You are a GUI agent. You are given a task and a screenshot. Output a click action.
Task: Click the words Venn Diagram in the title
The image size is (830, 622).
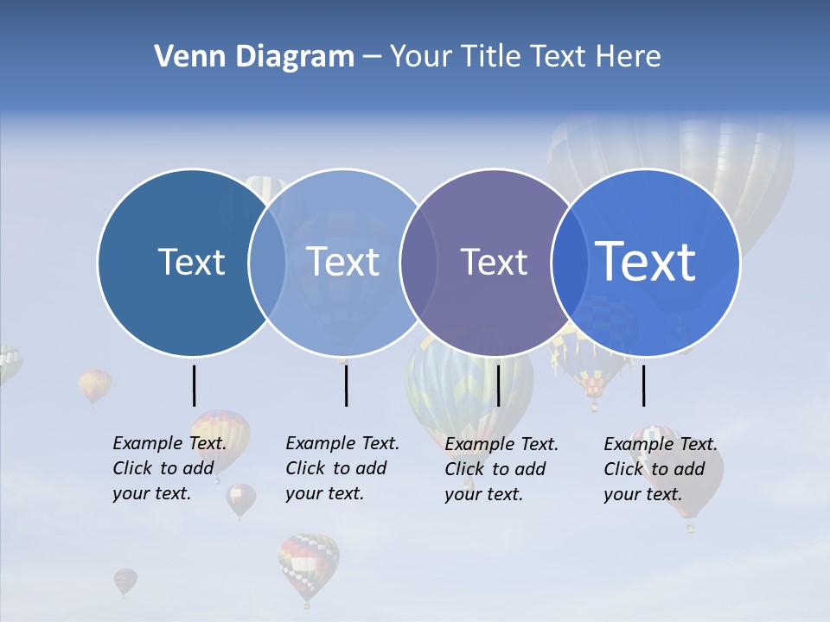(x=254, y=57)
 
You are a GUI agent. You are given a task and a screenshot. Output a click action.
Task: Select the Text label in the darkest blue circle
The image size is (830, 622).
(x=191, y=262)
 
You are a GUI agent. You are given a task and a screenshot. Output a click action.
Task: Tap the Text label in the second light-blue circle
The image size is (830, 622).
(x=342, y=262)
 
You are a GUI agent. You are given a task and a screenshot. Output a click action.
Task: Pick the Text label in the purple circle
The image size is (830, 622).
(x=494, y=262)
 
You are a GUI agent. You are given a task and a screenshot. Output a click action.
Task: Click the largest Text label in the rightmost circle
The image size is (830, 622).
(x=646, y=262)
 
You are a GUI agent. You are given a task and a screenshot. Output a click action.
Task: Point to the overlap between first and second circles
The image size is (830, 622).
(x=267, y=263)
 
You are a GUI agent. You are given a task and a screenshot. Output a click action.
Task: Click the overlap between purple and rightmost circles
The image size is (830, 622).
(x=570, y=263)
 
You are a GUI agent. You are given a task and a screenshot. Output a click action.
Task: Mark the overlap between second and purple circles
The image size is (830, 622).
(x=418, y=263)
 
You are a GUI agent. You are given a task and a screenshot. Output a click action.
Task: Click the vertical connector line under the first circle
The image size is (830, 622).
(x=194, y=385)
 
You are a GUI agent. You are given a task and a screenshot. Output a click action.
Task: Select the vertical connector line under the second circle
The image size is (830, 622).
(x=346, y=385)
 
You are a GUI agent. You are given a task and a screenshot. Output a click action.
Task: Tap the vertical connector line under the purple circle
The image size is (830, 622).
(x=498, y=385)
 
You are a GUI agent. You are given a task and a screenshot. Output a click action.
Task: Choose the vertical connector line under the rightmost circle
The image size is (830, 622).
(x=643, y=385)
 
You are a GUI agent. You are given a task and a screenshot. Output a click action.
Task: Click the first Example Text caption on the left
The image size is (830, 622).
(x=169, y=468)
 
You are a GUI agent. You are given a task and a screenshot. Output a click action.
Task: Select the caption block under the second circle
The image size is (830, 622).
(x=342, y=468)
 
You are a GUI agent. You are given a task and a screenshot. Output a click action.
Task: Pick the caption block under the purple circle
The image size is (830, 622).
(x=501, y=469)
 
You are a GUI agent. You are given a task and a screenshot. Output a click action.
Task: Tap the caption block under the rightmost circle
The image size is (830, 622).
(x=661, y=469)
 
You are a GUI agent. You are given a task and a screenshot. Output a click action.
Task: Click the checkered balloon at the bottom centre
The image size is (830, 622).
(x=308, y=565)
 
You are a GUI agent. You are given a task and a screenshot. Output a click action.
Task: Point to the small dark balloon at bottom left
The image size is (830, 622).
(x=125, y=581)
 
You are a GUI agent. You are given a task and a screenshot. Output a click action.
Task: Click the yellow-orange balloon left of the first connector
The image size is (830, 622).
(x=95, y=384)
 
